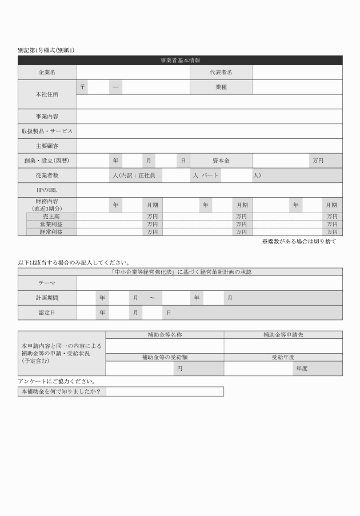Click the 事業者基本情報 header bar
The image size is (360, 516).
click(180, 60)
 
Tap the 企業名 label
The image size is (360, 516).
click(47, 73)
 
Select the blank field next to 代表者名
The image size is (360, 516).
click(297, 73)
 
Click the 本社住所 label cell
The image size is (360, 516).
click(47, 94)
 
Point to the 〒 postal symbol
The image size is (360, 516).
click(83, 87)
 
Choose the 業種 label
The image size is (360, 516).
click(221, 87)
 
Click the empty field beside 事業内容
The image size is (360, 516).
click(209, 117)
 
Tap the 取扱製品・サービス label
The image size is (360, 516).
click(47, 131)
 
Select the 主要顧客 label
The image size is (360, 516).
click(47, 146)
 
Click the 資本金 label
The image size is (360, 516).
click(221, 161)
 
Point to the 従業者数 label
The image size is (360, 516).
click(47, 175)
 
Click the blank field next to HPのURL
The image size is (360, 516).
click(209, 190)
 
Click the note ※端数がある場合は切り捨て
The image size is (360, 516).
click(299, 242)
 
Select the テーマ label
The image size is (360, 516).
click(47, 283)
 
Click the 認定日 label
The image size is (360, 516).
click(47, 313)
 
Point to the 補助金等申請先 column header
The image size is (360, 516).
click(283, 334)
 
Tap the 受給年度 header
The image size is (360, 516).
click(283, 357)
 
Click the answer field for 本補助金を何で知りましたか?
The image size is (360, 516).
click(165, 391)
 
